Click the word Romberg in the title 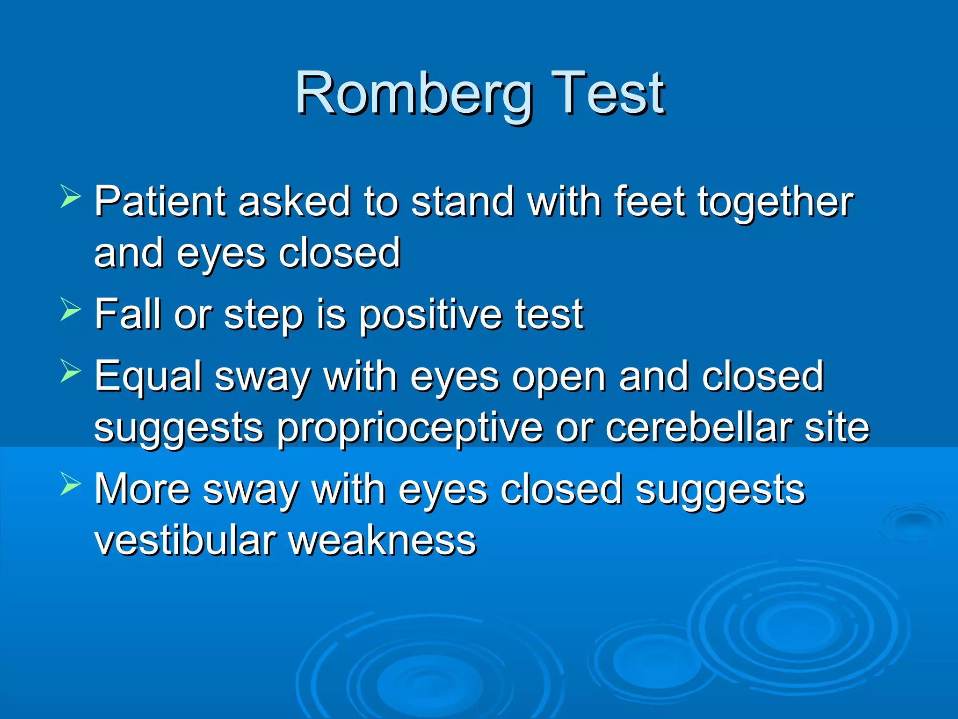pos(414,94)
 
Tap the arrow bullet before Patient pos(71,196)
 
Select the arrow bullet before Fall pos(71,309)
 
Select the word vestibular pos(185,540)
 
